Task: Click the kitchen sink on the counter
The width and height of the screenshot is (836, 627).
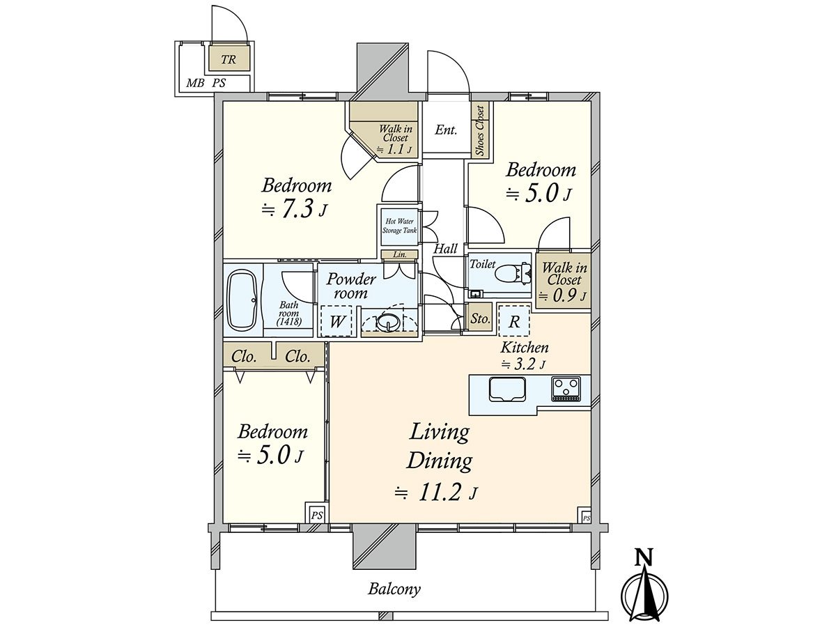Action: tap(506, 389)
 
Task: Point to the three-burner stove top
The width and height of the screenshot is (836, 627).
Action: tap(566, 389)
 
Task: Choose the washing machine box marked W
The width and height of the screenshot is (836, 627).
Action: tap(336, 321)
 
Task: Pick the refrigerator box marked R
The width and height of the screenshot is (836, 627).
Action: tap(513, 320)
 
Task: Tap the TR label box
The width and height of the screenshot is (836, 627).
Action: tap(229, 59)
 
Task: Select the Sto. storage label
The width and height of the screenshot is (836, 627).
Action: tap(480, 318)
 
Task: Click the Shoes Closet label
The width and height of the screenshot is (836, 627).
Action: tap(480, 130)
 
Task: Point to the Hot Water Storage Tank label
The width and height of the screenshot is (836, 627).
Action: tap(399, 226)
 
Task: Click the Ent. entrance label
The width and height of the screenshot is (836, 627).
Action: tap(446, 130)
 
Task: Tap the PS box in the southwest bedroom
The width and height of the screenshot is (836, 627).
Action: tap(316, 516)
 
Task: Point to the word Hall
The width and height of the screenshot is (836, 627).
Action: tap(446, 249)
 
